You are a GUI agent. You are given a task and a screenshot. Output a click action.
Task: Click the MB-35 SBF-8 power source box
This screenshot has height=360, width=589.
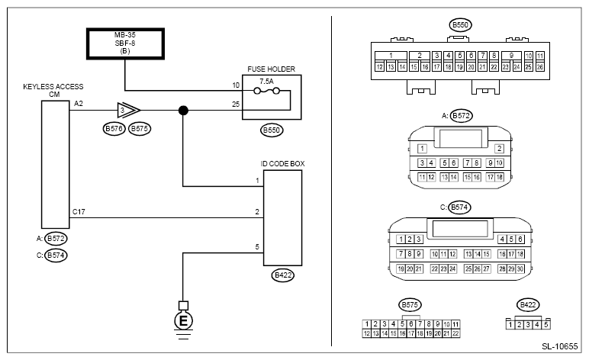coord(125,43)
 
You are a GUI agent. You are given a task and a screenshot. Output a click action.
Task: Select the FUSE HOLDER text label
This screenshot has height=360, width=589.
coord(270,69)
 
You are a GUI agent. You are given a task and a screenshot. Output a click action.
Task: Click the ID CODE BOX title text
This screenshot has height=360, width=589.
coord(282,162)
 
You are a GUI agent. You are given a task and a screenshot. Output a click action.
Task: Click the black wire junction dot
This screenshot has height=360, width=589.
coord(183,110)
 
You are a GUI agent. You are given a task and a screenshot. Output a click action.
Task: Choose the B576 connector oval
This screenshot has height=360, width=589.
coord(113,129)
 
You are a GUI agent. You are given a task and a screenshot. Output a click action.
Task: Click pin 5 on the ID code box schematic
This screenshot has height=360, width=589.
coord(258,246)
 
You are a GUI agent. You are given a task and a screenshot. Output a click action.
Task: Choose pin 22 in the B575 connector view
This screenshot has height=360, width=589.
coord(455,333)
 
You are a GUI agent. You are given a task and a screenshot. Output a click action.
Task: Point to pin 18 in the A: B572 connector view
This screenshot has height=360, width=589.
coord(500,177)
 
